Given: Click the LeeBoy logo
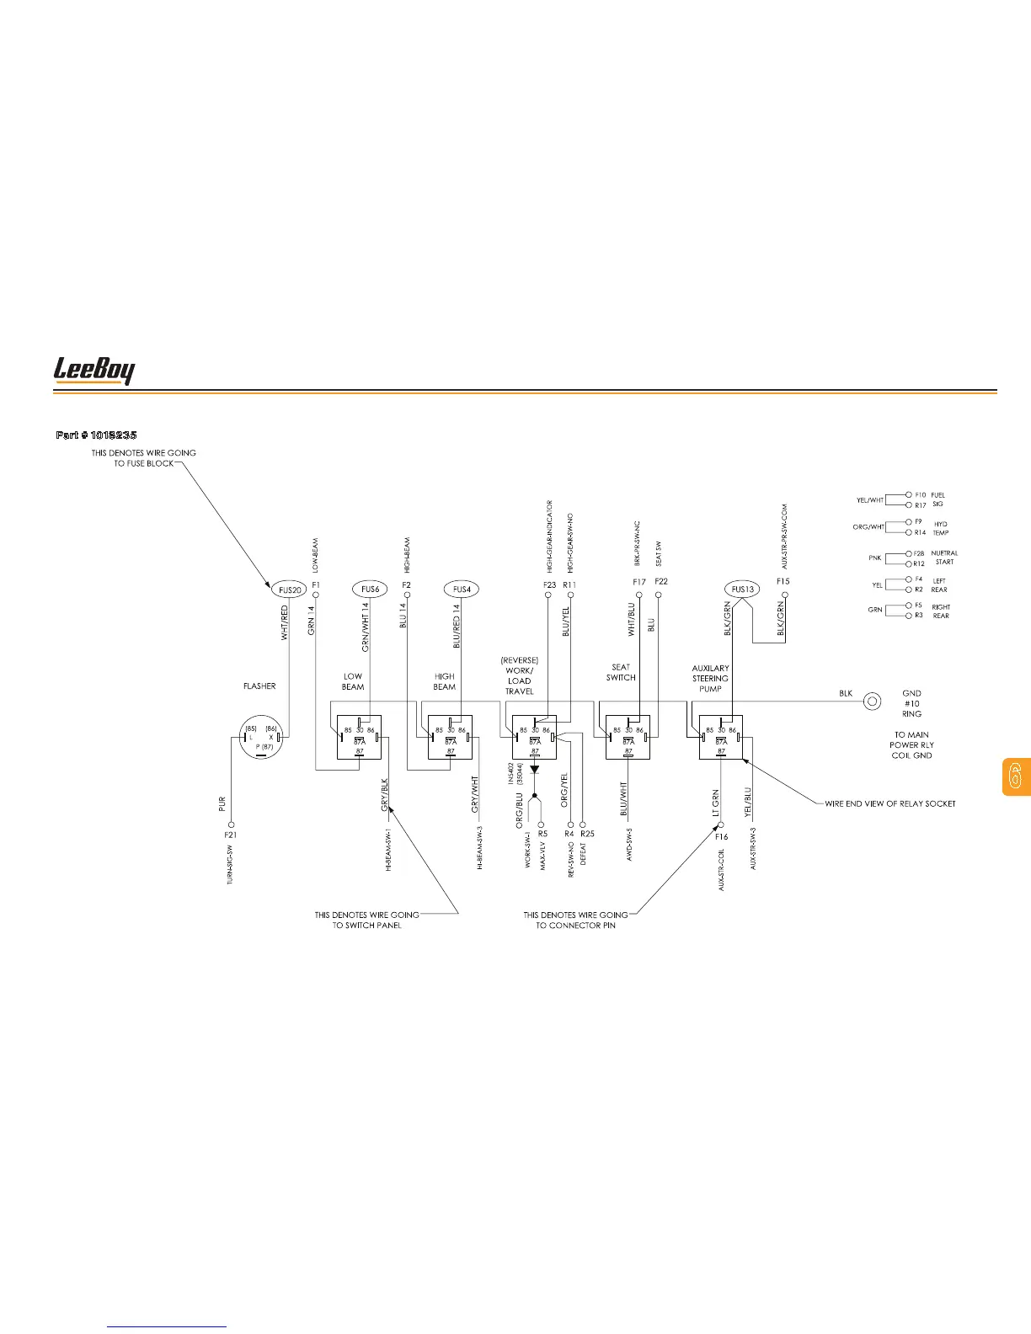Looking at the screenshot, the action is [93, 371].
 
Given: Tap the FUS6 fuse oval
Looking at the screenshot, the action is [369, 590].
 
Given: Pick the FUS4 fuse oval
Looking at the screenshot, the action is [461, 590].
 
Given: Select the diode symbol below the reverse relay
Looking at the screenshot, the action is [534, 769].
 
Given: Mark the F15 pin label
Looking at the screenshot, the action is [783, 581].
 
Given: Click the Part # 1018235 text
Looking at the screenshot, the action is [96, 435].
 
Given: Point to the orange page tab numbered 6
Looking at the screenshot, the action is [1015, 776].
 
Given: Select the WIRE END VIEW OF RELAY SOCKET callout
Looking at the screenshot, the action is [889, 803].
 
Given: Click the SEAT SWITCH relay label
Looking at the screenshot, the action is [621, 672].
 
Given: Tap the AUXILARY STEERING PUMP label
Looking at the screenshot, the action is [710, 678].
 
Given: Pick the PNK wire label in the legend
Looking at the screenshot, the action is [874, 558].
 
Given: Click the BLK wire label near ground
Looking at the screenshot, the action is [846, 694].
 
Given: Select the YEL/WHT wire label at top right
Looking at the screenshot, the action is [870, 500].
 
